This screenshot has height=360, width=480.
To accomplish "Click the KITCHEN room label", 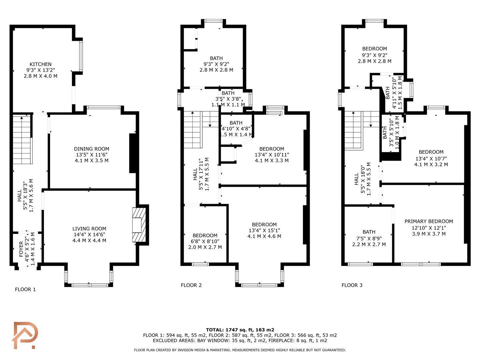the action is [x=40, y=64].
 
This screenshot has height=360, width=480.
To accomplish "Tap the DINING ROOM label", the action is [x=91, y=149].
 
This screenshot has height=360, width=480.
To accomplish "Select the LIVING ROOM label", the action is [x=89, y=229].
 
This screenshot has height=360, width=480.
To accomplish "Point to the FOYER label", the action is [x=21, y=249].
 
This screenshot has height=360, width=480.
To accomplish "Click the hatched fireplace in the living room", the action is [x=139, y=225].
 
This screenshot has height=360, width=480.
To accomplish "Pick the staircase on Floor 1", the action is [x=23, y=140].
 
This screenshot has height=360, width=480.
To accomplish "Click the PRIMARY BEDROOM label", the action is [x=429, y=221].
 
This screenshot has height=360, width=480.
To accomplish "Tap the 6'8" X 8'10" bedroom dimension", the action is [x=205, y=241].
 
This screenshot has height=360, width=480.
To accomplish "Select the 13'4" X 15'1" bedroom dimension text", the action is [x=264, y=230].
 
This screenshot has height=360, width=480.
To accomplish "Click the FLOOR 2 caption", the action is [x=191, y=285].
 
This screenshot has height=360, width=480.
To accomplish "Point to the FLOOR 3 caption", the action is [x=352, y=285].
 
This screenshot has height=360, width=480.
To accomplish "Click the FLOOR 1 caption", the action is [x=25, y=290].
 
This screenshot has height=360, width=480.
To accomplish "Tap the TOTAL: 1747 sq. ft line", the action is [x=240, y=330].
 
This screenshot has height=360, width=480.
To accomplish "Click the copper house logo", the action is [x=25, y=335].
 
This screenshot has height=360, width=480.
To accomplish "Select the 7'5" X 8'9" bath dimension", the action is [x=369, y=238].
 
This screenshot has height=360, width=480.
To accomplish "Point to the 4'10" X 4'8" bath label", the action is [x=236, y=129].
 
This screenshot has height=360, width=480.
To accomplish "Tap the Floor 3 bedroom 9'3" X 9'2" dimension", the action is [x=375, y=55].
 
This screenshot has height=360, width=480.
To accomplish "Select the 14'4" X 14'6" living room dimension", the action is [x=89, y=235].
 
